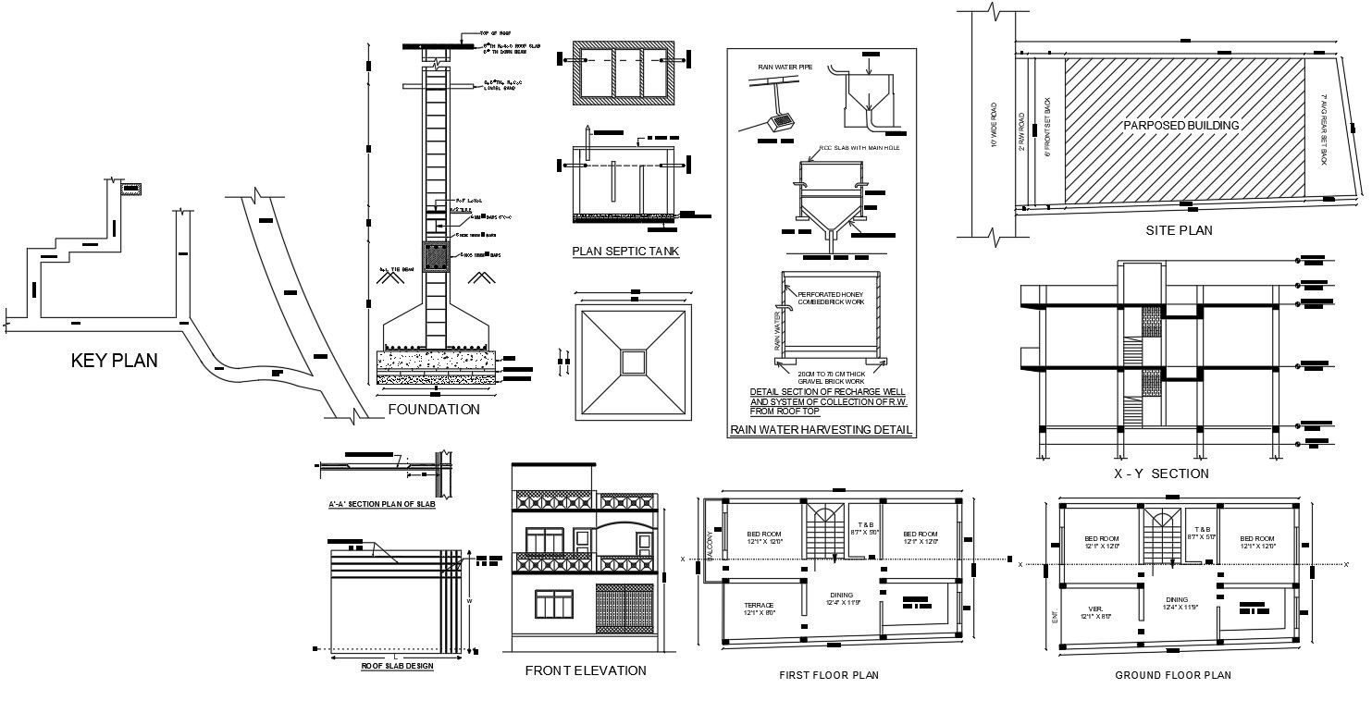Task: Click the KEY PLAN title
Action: pyautogui.click(x=114, y=361)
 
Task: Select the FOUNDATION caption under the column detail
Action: pyautogui.click(x=433, y=409)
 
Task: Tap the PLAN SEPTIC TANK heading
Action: pyautogui.click(x=624, y=251)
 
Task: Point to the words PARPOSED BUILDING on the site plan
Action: pyautogui.click(x=1180, y=125)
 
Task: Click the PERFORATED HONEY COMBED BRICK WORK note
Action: pyautogui.click(x=830, y=299)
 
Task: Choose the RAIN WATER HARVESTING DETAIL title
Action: pyautogui.click(x=821, y=430)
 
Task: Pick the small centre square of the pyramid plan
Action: pyautogui.click(x=634, y=362)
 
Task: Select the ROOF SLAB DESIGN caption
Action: pyautogui.click(x=398, y=666)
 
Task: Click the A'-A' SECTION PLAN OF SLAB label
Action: pyautogui.click(x=381, y=504)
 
